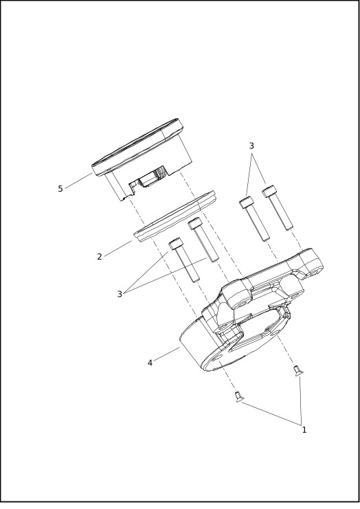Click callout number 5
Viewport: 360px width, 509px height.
click(x=60, y=189)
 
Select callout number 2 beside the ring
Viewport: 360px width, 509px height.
click(x=100, y=256)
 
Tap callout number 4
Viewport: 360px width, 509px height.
click(x=150, y=362)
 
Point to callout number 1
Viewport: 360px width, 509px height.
click(x=304, y=430)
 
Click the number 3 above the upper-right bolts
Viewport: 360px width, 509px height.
click(x=251, y=146)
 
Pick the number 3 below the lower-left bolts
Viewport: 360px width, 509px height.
click(x=120, y=294)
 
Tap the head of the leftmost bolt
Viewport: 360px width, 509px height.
click(x=176, y=244)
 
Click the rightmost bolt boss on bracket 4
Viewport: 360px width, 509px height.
click(x=315, y=270)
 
